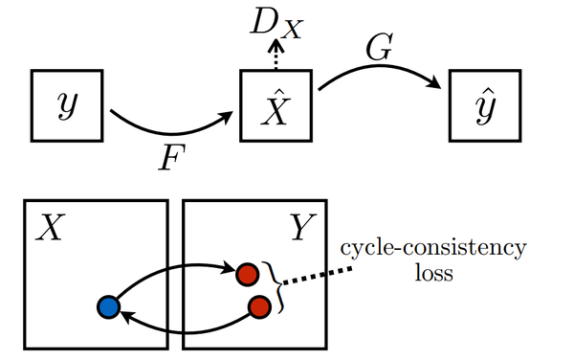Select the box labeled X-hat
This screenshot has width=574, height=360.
pyautogui.click(x=274, y=102)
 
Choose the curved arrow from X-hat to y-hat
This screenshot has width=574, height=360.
pyautogui.click(x=378, y=74)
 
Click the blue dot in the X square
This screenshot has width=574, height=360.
pyautogui.click(x=108, y=307)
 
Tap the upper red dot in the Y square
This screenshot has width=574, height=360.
pyautogui.click(x=248, y=274)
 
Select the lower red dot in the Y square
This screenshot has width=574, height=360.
pyautogui.click(x=257, y=307)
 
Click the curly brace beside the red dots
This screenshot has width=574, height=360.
pyautogui.click(x=278, y=289)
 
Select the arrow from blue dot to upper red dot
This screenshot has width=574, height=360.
pyautogui.click(x=172, y=271)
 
